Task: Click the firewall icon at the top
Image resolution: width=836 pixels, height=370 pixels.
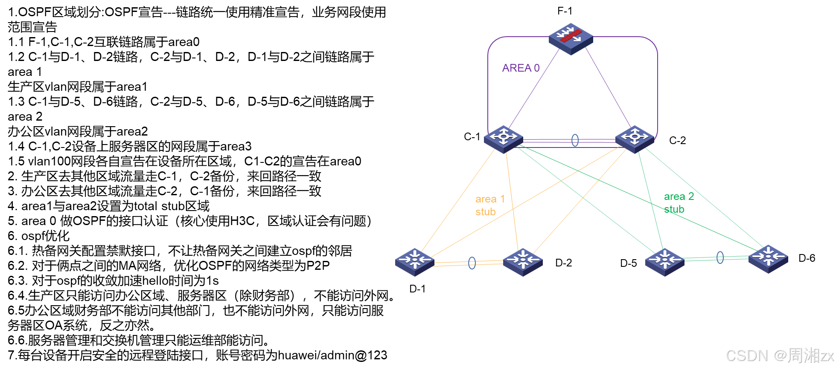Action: pyautogui.click(x=571, y=38)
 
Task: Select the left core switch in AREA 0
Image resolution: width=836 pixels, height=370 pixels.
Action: pyautogui.click(x=504, y=139)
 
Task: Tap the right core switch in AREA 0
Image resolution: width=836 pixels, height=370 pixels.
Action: pyautogui.click(x=635, y=139)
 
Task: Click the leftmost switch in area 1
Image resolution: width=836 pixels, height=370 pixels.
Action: pyautogui.click(x=414, y=261)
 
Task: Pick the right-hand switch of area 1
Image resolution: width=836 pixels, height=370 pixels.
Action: pyautogui.click(x=523, y=261)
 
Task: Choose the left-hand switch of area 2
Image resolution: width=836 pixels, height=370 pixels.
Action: pyautogui.click(x=664, y=261)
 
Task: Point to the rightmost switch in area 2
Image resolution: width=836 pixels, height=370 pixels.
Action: pyautogui.click(x=768, y=258)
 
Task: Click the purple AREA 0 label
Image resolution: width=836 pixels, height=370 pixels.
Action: pyautogui.click(x=521, y=68)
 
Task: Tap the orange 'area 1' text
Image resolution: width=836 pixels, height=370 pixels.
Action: pyautogui.click(x=490, y=199)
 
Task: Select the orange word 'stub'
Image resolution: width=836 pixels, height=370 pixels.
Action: pyautogui.click(x=486, y=212)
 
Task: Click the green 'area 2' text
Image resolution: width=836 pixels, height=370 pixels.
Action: pyautogui.click(x=679, y=197)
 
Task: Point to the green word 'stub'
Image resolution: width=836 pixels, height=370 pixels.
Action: pyautogui.click(x=674, y=209)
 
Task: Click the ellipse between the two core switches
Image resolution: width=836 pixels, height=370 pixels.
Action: pyautogui.click(x=575, y=140)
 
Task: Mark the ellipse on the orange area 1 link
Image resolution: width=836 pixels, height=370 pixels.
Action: pyautogui.click(x=472, y=263)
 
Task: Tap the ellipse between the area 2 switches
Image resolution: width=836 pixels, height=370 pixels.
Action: pyautogui.click(x=720, y=257)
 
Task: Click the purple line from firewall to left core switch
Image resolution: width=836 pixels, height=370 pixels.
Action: pyautogui.click(x=533, y=90)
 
